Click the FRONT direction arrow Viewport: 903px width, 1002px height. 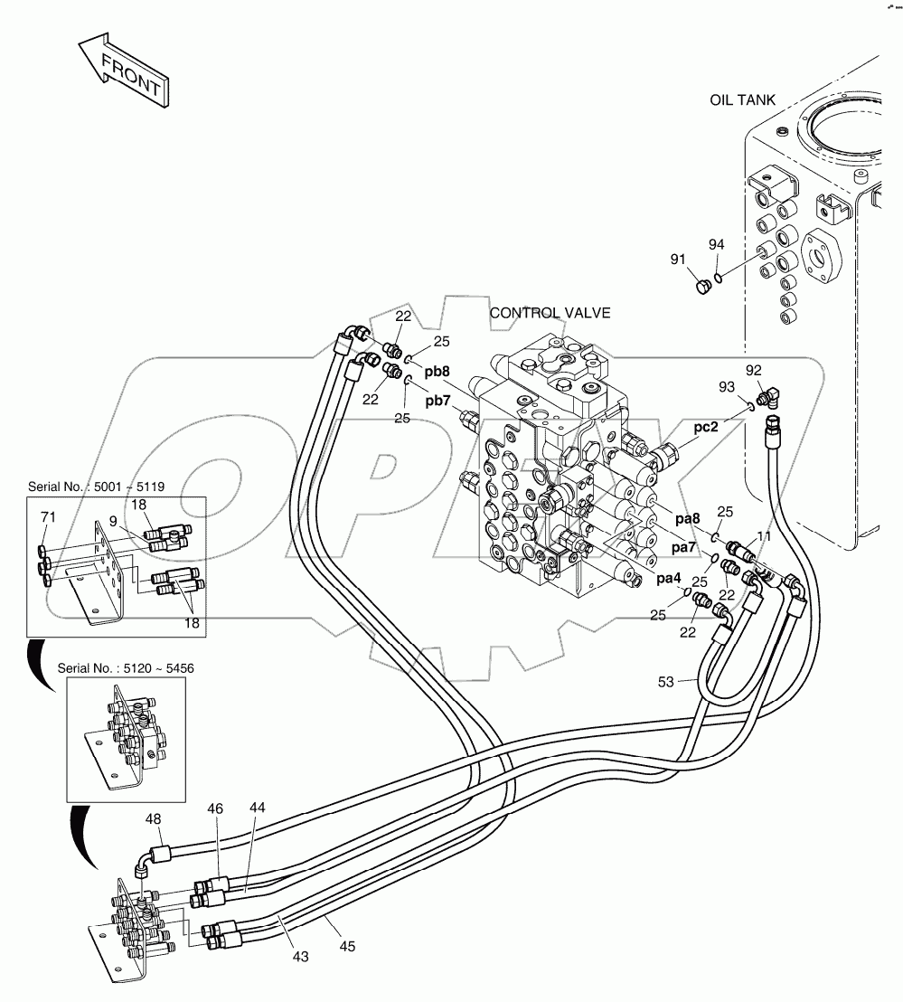(x=122, y=71)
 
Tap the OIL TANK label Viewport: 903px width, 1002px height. (x=742, y=100)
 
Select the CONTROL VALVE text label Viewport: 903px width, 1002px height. (x=550, y=314)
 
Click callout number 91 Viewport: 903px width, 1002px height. (x=679, y=260)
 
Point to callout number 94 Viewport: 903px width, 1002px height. (x=716, y=245)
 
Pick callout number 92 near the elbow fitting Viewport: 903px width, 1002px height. (x=754, y=370)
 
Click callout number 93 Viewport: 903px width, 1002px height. (x=727, y=387)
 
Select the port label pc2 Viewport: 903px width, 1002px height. (x=706, y=428)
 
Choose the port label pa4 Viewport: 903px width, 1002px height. (x=669, y=578)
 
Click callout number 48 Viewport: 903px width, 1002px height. (x=154, y=819)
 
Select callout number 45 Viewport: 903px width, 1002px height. (x=348, y=947)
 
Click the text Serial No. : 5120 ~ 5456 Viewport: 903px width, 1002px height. (x=126, y=667)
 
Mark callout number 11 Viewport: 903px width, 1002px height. (x=764, y=537)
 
